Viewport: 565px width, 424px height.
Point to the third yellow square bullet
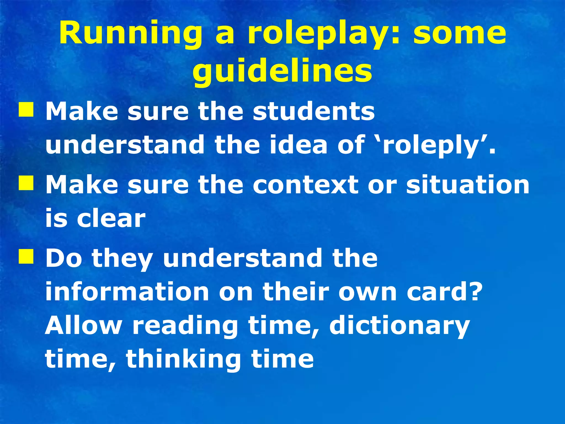coord(26,256)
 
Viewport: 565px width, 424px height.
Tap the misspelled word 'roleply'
coord(433,145)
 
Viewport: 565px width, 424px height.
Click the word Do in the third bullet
coord(64,258)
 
